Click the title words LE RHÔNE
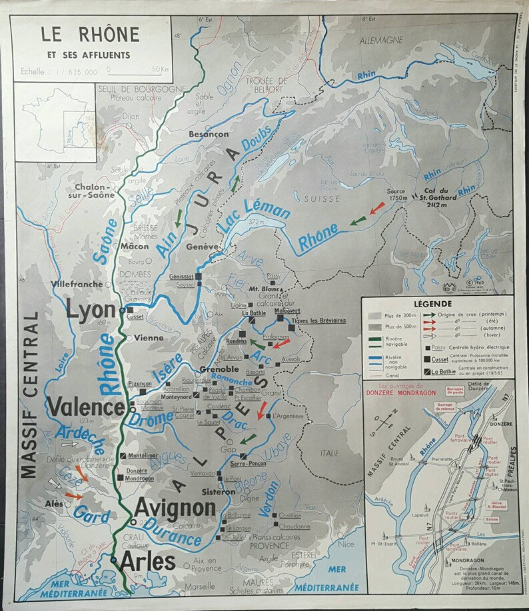90,34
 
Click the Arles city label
147,561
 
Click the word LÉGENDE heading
432,304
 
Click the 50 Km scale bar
136,69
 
